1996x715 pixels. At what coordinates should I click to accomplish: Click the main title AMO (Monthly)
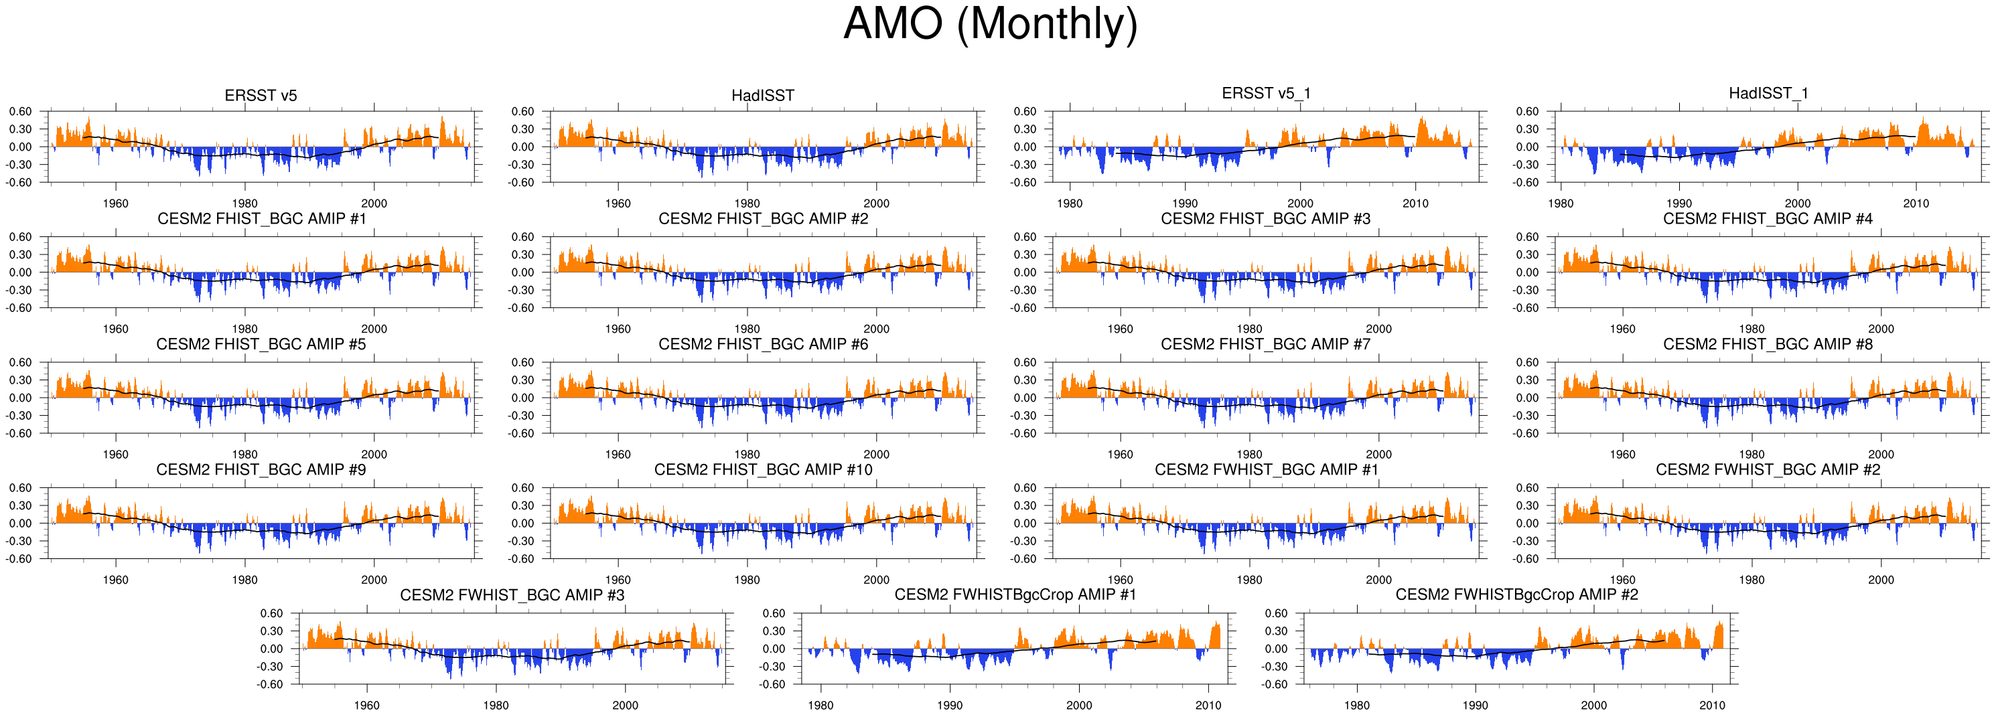[x=990, y=25]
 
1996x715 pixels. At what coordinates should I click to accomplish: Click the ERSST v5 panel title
[x=261, y=95]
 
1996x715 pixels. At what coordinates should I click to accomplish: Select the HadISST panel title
[x=762, y=95]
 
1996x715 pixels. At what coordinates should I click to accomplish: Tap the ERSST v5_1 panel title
[x=1265, y=93]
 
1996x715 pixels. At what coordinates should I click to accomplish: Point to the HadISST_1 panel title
[x=1768, y=93]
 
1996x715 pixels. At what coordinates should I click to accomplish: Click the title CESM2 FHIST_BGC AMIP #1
[x=261, y=218]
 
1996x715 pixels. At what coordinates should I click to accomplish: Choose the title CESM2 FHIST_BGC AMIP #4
[x=1768, y=218]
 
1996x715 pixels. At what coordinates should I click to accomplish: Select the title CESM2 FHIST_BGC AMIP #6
[x=762, y=344]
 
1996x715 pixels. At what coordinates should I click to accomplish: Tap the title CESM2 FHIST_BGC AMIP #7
[x=1265, y=344]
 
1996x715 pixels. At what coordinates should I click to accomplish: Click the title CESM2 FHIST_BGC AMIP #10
[x=762, y=469]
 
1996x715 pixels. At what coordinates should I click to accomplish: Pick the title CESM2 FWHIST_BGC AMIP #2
[x=1768, y=469]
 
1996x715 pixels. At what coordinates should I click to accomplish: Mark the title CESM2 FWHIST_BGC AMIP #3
[x=512, y=595]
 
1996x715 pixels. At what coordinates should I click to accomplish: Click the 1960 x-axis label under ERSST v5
[x=115, y=203]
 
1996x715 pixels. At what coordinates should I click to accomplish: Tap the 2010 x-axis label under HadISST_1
[x=1916, y=203]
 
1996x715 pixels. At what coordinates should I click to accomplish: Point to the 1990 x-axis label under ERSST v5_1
[x=1185, y=203]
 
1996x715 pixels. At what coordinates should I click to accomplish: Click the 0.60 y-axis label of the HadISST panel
[x=522, y=112]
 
